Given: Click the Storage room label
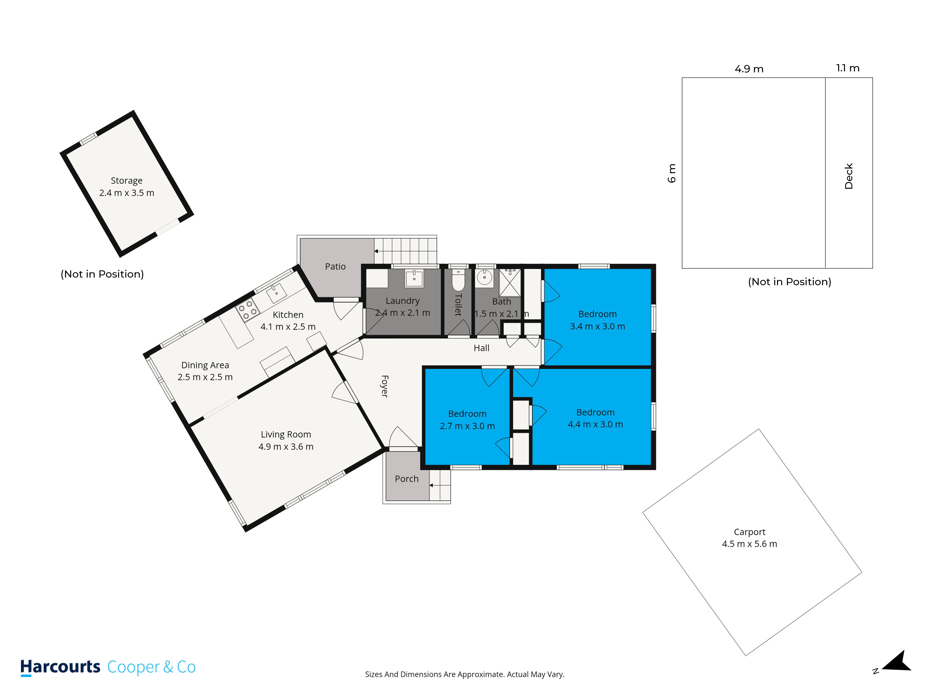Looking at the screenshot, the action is pos(126,181).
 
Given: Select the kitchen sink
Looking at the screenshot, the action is pos(276,293).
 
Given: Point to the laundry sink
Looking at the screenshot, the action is pos(414,278).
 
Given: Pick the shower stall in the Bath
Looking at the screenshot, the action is pos(510,283).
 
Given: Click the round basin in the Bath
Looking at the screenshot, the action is pos(485,278).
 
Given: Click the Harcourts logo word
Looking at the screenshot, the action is pos(60,667).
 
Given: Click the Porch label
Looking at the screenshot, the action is pos(407,479).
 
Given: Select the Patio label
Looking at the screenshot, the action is pos(335,266).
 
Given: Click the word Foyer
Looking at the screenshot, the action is pos(384,386).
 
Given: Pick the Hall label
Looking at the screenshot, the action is pos(482,348).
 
